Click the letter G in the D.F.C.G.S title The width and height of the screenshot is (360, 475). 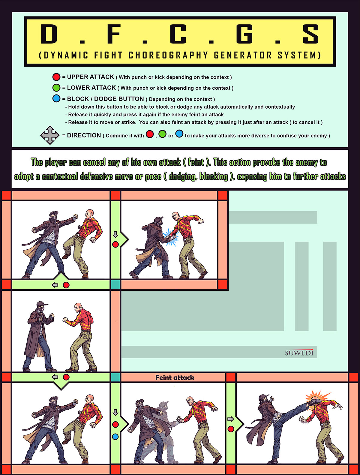[x=244, y=34]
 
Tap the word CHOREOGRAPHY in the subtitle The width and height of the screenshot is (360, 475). [x=168, y=55]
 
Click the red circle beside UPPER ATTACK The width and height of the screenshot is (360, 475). [x=56, y=77]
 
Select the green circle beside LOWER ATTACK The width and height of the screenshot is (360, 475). [x=56, y=88]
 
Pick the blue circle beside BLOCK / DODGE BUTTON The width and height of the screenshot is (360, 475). [x=56, y=99]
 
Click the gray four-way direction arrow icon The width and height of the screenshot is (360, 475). [x=50, y=135]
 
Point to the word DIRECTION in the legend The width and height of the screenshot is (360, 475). [x=84, y=135]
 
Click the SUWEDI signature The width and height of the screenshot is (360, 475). [x=299, y=353]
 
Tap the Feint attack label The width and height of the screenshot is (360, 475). [x=175, y=377]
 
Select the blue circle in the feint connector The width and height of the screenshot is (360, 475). [x=115, y=437]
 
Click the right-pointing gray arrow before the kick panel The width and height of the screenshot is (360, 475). [x=231, y=419]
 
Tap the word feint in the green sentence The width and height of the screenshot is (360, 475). [x=196, y=162]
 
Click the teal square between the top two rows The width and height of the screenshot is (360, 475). [x=115, y=285]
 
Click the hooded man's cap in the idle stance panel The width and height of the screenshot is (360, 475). [x=41, y=304]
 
